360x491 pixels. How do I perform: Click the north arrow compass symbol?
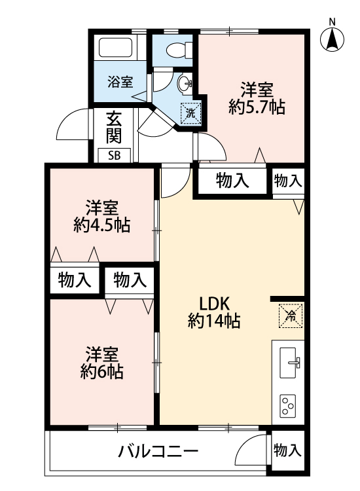332,39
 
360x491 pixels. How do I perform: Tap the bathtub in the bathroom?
115,48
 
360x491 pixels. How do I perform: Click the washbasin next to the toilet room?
185,83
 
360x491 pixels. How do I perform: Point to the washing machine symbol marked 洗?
190,113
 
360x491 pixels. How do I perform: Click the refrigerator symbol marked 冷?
291,316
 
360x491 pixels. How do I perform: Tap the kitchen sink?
289,362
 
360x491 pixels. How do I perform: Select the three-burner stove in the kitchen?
288,406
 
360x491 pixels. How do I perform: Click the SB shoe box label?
115,156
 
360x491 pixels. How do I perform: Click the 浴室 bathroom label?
120,82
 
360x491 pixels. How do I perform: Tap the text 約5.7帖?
257,108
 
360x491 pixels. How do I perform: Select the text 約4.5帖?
101,225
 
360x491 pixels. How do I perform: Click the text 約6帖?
101,372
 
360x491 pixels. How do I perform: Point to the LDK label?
215,303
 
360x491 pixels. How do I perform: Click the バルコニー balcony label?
158,452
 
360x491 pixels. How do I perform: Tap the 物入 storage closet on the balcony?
288,450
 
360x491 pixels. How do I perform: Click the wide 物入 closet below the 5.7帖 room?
232,181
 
